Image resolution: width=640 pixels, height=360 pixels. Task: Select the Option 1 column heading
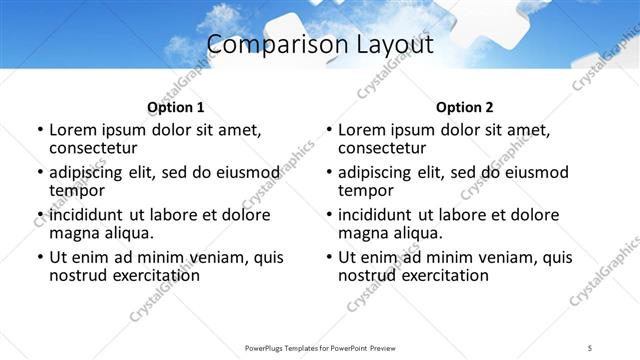(x=175, y=107)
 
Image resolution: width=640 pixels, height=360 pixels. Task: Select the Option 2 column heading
(x=465, y=107)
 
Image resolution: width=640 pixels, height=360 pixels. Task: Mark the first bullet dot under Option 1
(x=39, y=131)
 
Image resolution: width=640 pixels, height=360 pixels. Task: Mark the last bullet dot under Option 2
(x=329, y=257)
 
